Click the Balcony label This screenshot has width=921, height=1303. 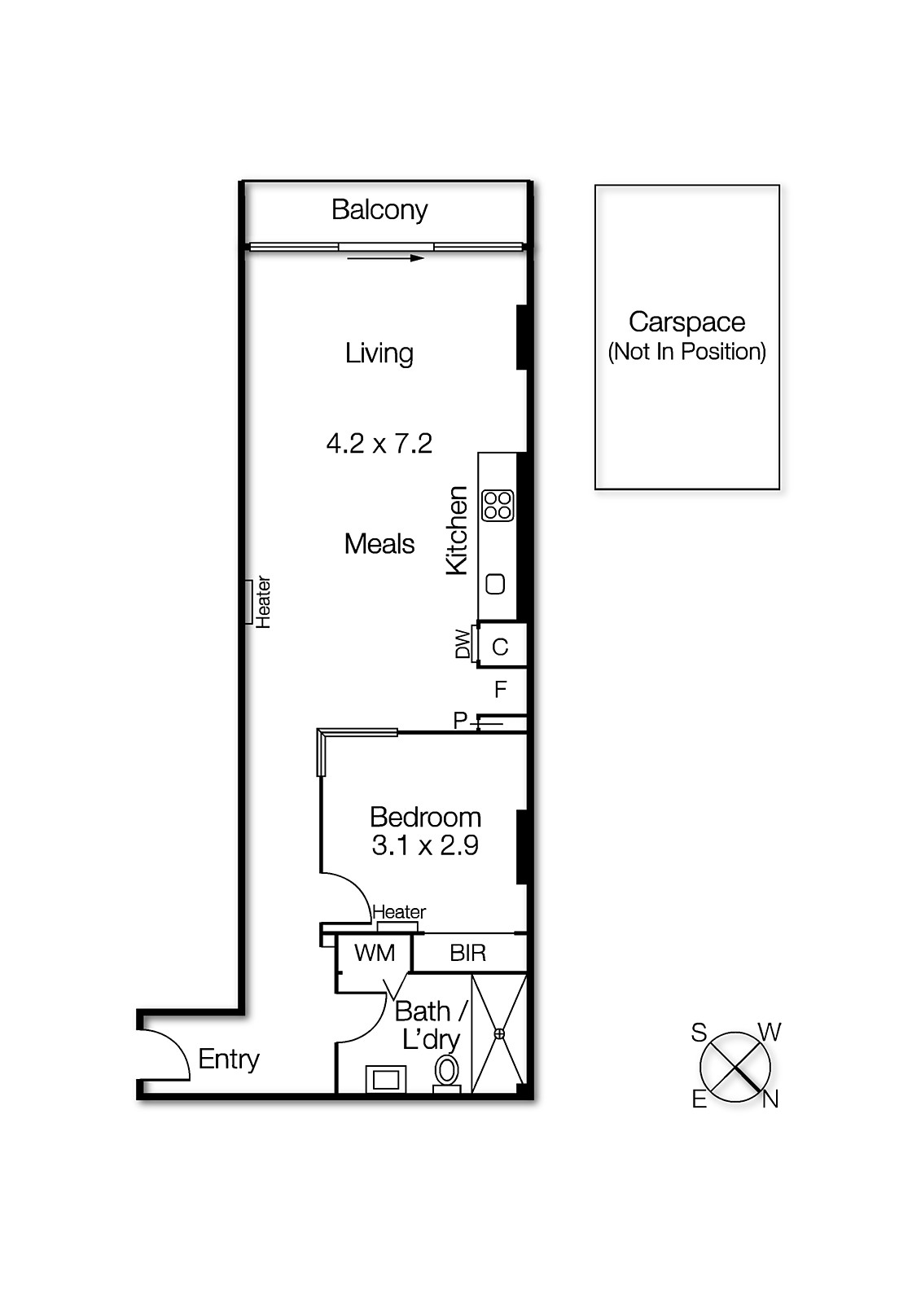coord(379,210)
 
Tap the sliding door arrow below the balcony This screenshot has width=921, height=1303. coord(385,258)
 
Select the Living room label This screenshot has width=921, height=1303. coord(379,353)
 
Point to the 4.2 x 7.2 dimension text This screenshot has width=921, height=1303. coord(379,444)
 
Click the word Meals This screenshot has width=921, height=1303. coord(379,544)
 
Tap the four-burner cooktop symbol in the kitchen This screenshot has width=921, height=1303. coord(498,505)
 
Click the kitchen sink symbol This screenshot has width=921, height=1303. coord(495,584)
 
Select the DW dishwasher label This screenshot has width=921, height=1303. coord(463,644)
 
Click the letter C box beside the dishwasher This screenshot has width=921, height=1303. coord(501,647)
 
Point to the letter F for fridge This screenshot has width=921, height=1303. coord(501,690)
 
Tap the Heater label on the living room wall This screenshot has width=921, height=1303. coord(263,602)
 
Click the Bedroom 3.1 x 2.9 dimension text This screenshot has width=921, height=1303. coord(425,845)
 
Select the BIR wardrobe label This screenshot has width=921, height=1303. coord(468,953)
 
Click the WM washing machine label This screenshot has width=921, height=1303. coord(375,953)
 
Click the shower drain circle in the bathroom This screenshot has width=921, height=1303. coord(499,1033)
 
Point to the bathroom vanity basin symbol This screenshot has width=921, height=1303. coord(386,1080)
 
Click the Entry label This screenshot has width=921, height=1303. coord(229,1059)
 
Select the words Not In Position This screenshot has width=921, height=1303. coord(687,352)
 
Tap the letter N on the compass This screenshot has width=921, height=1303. coord(770,1099)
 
